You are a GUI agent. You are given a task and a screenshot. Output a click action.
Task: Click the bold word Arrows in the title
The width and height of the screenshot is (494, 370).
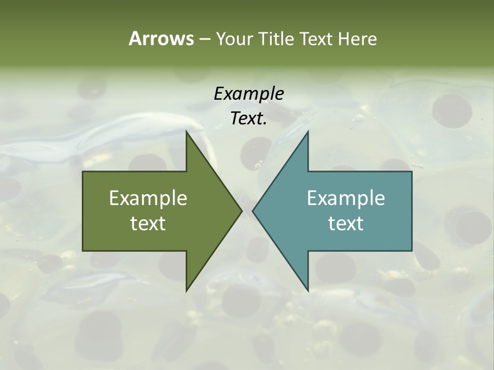(161, 39)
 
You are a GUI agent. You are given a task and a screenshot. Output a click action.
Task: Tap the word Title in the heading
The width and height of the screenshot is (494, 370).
(278, 39)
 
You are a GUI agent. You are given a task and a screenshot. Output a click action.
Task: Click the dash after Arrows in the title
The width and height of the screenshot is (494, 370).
(204, 39)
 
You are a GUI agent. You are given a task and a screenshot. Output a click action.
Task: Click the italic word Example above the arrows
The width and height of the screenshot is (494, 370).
(249, 94)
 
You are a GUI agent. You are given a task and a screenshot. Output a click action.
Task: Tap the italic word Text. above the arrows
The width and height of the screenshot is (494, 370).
(249, 118)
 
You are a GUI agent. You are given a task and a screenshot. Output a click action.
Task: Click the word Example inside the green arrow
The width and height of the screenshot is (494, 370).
(148, 198)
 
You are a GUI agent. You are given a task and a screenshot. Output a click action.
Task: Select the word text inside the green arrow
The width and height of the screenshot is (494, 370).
(148, 223)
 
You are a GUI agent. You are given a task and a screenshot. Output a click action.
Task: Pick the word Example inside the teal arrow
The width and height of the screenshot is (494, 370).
(346, 198)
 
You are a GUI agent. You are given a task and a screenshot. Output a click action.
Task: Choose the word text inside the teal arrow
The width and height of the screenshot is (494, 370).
(346, 223)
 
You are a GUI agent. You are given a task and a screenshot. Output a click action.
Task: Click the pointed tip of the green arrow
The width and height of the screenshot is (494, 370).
(241, 211)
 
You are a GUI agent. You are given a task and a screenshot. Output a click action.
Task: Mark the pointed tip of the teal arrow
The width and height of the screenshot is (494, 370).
(253, 211)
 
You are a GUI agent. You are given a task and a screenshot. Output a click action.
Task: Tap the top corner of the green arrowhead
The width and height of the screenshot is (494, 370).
(186, 132)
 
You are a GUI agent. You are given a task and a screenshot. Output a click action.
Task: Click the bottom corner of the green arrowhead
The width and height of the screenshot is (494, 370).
(186, 290)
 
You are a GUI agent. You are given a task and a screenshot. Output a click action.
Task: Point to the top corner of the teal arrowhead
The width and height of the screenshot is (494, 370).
(308, 132)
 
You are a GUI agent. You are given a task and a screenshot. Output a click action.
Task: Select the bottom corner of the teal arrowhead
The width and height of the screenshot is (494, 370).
(308, 290)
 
